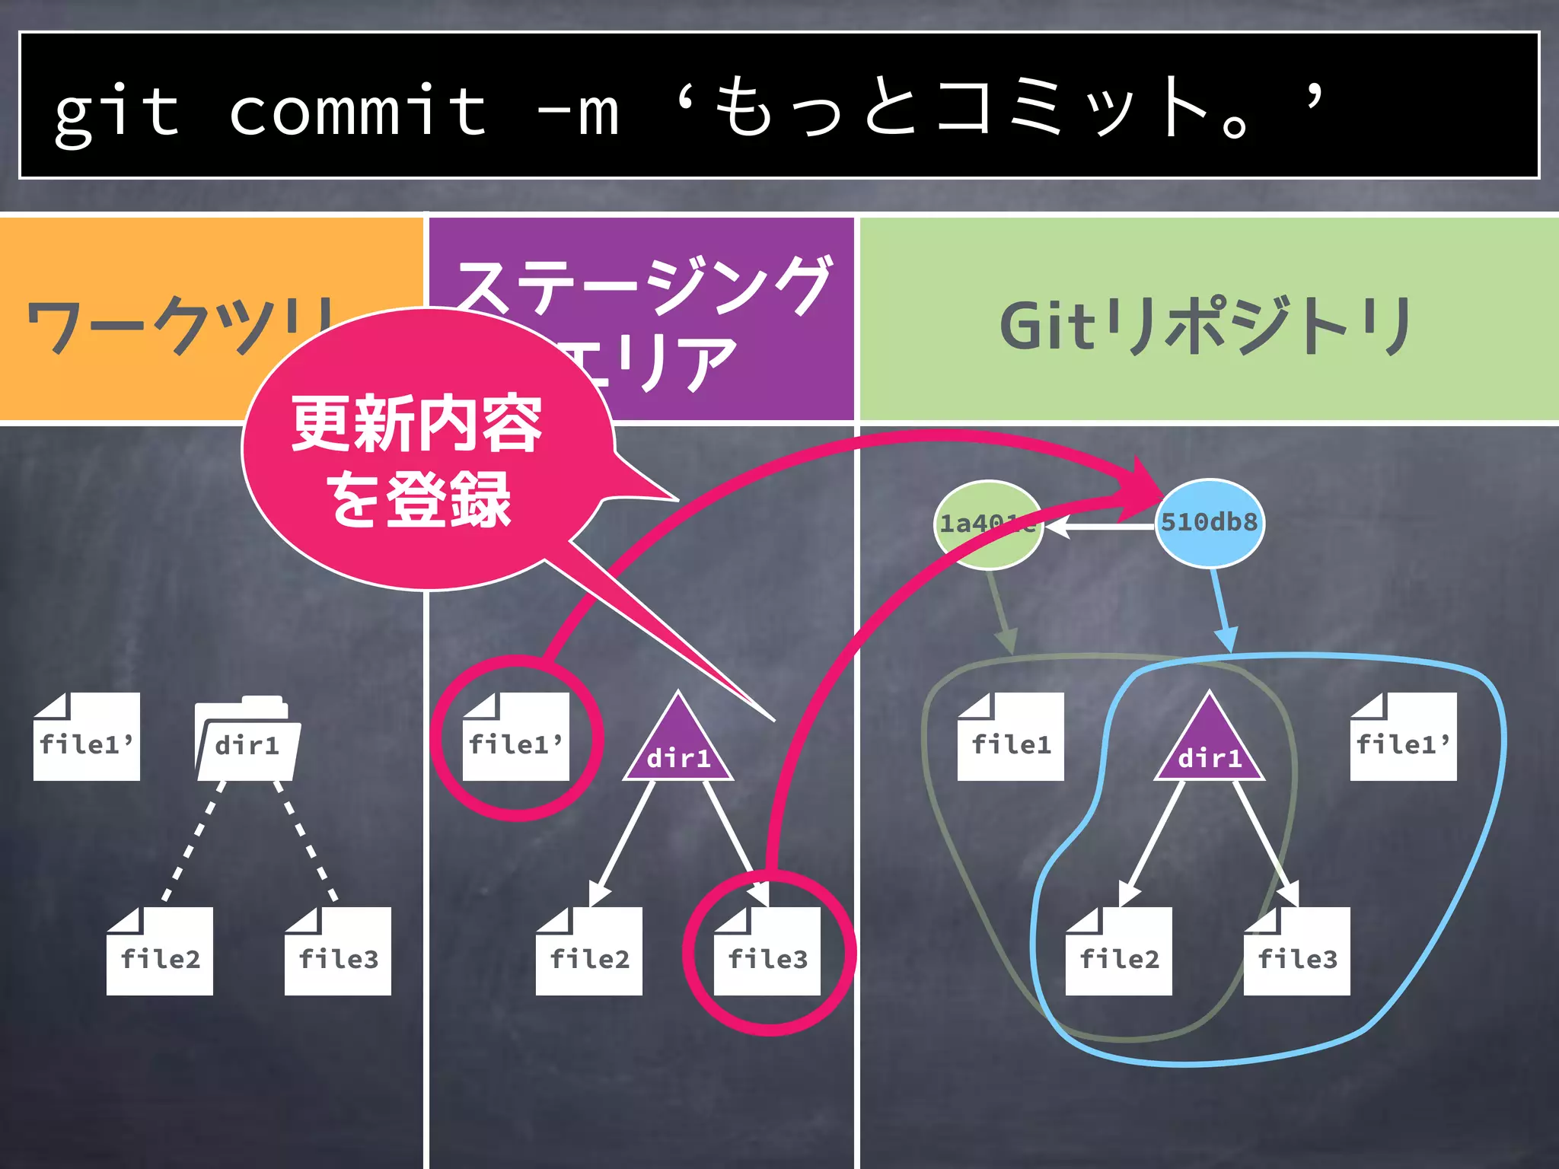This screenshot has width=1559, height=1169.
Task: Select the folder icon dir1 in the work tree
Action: click(x=247, y=741)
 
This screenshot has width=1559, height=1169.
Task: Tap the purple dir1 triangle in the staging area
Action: click(x=678, y=746)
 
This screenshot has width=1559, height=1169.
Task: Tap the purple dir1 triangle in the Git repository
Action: click(x=1209, y=746)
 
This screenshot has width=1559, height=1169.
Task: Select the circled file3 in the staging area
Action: click(x=767, y=952)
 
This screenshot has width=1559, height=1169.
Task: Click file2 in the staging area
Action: click(x=589, y=952)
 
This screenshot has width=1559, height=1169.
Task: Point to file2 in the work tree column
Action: click(x=160, y=952)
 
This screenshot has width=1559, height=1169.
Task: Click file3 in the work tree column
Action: click(x=338, y=952)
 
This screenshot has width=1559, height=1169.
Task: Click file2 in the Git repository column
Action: click(x=1119, y=952)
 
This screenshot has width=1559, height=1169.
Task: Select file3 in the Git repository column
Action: click(x=1297, y=952)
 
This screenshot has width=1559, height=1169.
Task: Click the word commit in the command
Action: click(x=358, y=110)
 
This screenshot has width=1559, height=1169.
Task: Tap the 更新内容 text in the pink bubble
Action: click(x=416, y=423)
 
